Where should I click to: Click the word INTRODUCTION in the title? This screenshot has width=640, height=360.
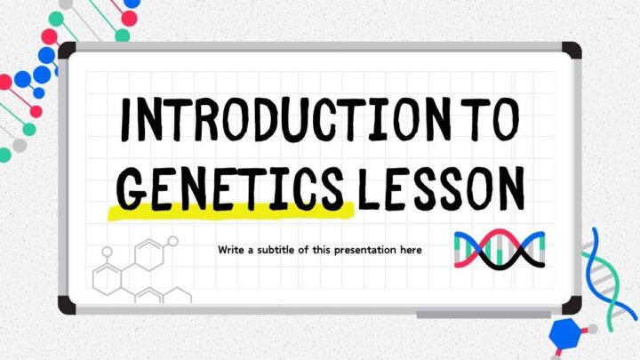click(285, 119)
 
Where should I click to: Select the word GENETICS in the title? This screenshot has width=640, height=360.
click(229, 188)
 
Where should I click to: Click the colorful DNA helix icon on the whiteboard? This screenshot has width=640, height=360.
click(500, 249)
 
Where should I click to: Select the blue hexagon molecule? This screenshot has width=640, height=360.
click(565, 333)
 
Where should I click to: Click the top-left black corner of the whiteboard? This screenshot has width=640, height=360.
click(68, 51)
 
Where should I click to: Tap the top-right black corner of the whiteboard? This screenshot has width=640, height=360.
click(572, 50)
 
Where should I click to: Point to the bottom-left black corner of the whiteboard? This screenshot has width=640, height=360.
click(67, 305)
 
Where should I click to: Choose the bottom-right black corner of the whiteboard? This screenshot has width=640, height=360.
click(572, 305)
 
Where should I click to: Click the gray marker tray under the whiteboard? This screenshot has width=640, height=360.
click(484, 315)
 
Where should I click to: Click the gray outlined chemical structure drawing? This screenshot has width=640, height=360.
click(141, 270)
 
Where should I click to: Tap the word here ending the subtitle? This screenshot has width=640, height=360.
click(411, 250)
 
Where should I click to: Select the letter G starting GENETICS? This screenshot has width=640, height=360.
click(132, 188)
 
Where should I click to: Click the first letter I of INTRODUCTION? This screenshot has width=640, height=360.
click(127, 119)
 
